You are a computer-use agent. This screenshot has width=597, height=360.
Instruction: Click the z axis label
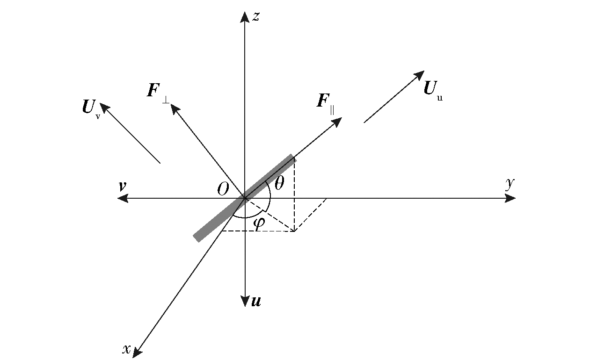coord(256,16)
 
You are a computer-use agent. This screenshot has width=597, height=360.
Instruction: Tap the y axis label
coord(510,184)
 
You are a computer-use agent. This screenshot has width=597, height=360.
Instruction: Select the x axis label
coord(127,349)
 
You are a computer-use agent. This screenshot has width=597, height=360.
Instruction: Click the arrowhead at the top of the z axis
coord(245,17)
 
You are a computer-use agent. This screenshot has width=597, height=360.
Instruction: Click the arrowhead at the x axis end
coord(137,353)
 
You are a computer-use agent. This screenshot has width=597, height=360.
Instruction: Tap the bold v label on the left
coord(122,186)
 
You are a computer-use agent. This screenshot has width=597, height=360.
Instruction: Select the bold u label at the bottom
coord(256,301)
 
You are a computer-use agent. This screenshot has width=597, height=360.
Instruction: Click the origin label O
coord(223,189)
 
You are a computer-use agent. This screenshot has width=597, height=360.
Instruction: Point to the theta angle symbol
coord(279,183)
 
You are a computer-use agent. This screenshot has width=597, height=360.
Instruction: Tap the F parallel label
coord(326,104)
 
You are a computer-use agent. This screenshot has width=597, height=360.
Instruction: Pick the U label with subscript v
coord(91,109)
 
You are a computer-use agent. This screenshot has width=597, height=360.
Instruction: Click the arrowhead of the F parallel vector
coord(337,122)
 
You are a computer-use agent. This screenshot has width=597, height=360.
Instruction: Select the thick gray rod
coord(245,198)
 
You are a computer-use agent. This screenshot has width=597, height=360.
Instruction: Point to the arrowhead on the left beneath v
coord(123,198)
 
